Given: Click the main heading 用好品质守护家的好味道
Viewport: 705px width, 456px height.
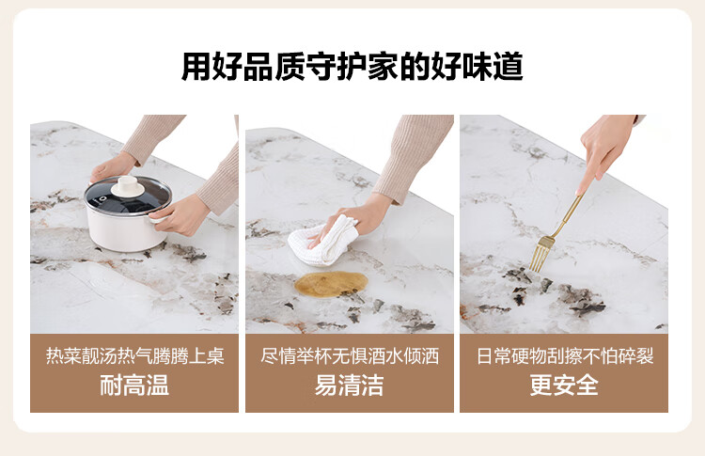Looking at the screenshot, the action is point(352,67).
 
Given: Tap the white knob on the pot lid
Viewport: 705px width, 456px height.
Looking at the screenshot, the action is point(128,186).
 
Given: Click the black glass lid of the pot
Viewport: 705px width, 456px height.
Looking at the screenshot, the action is point(128,197).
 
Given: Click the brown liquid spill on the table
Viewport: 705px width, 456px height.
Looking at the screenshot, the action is point(331,284).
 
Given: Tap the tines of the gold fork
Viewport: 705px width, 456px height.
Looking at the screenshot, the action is point(540,254).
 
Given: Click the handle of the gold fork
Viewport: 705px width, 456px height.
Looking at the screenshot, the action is point(569,215).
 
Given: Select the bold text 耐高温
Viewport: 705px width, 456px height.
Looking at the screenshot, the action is point(134,385).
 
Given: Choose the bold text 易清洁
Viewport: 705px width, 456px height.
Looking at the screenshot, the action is point(350,385).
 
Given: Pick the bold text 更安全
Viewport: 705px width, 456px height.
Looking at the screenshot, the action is point(564,385).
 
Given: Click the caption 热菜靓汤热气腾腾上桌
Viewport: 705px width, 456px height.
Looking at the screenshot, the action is point(134,356).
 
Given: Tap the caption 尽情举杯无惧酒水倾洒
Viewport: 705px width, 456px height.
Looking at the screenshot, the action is point(350,356).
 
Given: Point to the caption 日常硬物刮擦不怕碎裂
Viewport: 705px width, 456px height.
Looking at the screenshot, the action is point(565,356).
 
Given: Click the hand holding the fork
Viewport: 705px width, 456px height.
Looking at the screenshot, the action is point(602,150).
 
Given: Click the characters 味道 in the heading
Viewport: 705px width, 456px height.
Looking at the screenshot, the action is point(493,67).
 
